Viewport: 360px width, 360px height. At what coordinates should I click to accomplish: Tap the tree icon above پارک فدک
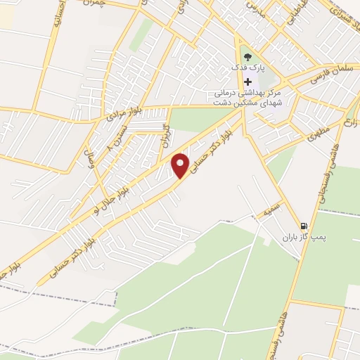click(x=247, y=56)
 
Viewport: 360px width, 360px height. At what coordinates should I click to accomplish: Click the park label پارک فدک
click(x=247, y=68)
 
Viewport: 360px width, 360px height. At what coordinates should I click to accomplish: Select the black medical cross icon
click(x=247, y=82)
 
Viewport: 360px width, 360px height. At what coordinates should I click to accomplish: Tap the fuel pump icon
click(x=303, y=226)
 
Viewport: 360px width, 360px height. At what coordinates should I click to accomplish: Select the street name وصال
click(x=89, y=146)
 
